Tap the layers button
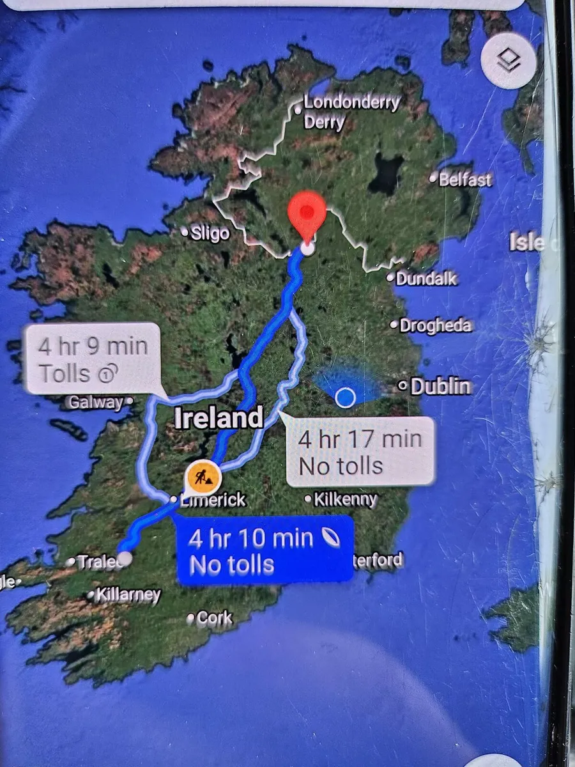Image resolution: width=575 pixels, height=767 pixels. tap(509, 61)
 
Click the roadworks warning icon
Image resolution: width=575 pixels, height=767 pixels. tap(203, 476)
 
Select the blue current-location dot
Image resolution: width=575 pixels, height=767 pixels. tap(345, 398)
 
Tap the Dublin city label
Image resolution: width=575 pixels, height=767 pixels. tap(441, 386)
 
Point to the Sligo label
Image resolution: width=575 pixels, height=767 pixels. tap(210, 233)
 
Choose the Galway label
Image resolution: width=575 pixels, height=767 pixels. tap(95, 402)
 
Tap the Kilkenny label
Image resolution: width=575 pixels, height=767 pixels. tap(346, 499)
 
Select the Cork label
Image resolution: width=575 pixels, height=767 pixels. tap(214, 618)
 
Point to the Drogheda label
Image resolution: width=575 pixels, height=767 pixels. tap(435, 325)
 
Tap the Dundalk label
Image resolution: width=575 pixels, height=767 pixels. tap(426, 279)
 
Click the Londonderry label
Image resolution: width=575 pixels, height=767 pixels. tap(352, 102)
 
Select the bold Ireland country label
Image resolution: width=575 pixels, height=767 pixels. tap(218, 419)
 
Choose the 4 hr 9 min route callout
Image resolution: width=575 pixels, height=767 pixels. tap(93, 359)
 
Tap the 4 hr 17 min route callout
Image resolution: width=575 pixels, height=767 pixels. tap(360, 452)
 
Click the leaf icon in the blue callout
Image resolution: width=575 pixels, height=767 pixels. tap(332, 538)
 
